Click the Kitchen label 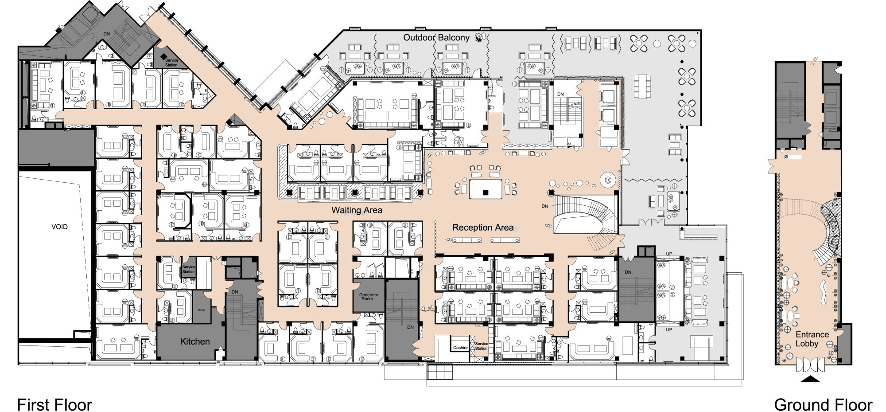click(x=195, y=341)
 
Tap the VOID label click(x=59, y=227)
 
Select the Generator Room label click(x=369, y=297)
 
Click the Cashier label click(x=460, y=348)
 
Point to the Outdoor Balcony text click(x=436, y=38)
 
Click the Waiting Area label click(x=357, y=210)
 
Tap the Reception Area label click(x=482, y=228)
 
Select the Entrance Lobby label click(x=812, y=339)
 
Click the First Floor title click(x=54, y=404)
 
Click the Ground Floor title click(x=823, y=404)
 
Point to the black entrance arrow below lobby click(x=810, y=379)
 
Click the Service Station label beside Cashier click(x=482, y=346)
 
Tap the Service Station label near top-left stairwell click(x=171, y=63)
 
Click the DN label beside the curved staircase click(x=545, y=206)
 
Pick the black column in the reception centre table click(x=486, y=192)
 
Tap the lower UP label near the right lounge click(x=669, y=330)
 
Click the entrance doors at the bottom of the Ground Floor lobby click(x=810, y=365)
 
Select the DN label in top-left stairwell click(x=107, y=34)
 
